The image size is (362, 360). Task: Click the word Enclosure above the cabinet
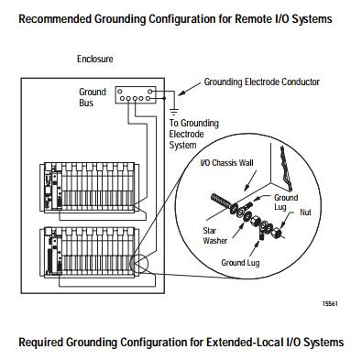95,59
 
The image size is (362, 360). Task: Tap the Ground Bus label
93,97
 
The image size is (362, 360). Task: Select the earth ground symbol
174,112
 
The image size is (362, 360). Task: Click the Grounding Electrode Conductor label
261,82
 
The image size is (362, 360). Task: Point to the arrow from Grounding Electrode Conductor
190,88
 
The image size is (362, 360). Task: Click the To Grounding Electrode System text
194,134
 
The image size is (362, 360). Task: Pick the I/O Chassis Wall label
226,163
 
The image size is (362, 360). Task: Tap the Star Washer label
215,235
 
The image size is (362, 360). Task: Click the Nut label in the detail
305,213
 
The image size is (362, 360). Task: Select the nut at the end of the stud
278,233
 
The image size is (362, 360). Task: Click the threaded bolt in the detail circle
221,202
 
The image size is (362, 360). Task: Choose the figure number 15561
330,304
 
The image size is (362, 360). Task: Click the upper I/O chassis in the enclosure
90,187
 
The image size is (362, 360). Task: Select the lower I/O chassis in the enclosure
90,252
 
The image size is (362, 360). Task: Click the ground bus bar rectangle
136,95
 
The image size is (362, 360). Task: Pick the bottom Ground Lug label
240,263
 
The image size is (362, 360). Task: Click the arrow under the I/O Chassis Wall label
250,181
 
